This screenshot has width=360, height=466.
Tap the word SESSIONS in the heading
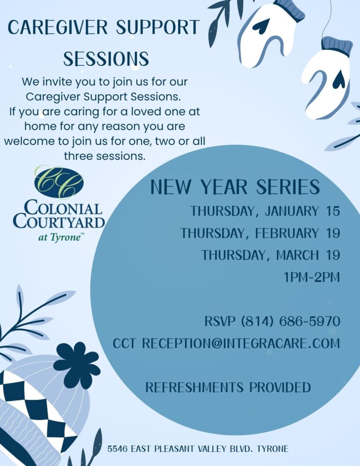tap(106, 59)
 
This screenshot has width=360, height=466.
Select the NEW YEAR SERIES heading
tap(235, 187)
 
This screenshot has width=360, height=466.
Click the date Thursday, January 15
tap(265, 211)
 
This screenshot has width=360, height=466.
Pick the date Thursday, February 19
tap(260, 233)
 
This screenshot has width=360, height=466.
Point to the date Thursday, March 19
tap(270, 255)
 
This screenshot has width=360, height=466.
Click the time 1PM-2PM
tap(311, 277)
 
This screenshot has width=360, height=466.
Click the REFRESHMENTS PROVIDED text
tap(228, 388)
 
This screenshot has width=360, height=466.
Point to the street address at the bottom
tap(197, 449)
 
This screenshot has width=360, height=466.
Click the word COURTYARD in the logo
tap(59, 221)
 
